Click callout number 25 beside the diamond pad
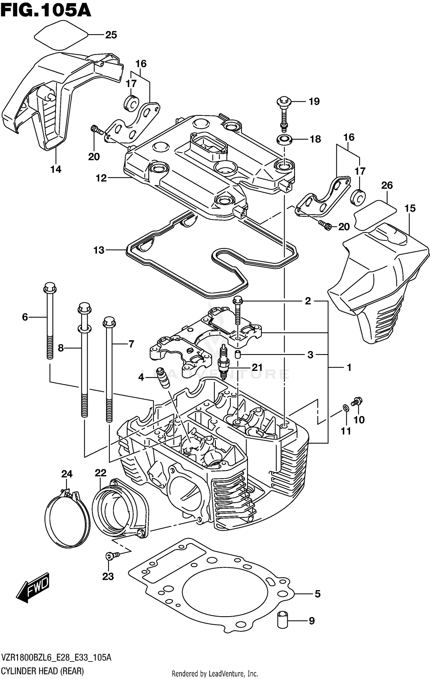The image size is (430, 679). (x=111, y=35)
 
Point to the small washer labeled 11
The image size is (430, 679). (x=346, y=407)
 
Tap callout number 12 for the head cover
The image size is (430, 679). (x=101, y=178)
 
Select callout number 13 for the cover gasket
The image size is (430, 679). (x=99, y=250)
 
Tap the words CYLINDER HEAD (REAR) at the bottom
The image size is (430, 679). (x=42, y=672)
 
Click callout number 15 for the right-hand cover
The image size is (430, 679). (x=410, y=208)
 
